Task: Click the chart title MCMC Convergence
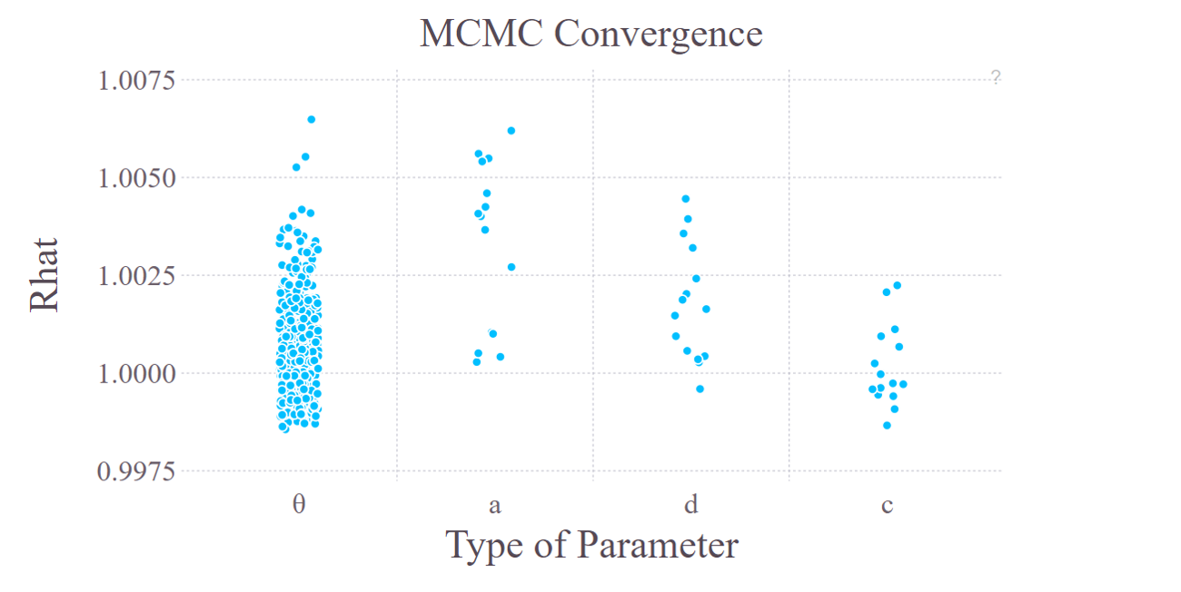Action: (x=590, y=34)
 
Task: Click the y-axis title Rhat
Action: (x=45, y=275)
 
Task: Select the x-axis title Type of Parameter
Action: (x=591, y=546)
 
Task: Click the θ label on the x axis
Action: (x=299, y=504)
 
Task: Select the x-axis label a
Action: (x=495, y=505)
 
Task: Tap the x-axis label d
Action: (x=690, y=504)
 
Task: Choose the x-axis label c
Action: (x=887, y=505)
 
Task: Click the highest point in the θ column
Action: (x=311, y=119)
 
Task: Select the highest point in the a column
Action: (x=511, y=131)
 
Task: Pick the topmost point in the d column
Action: (x=686, y=199)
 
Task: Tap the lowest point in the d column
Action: (x=700, y=389)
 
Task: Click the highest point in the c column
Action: (x=897, y=285)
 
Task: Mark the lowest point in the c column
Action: (x=887, y=425)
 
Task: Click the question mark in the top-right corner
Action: (x=996, y=77)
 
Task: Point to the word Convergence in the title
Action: (x=659, y=34)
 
